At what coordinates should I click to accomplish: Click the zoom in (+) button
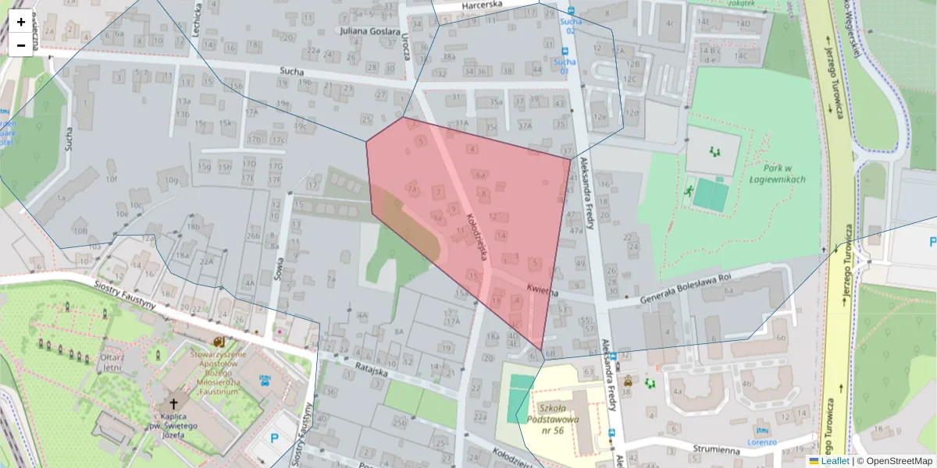(21, 22)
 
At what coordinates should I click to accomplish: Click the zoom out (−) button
(21, 45)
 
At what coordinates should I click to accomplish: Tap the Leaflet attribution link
(835, 461)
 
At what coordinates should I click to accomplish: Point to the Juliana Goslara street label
(369, 30)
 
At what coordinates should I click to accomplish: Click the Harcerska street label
(482, 7)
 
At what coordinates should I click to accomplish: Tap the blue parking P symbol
(274, 438)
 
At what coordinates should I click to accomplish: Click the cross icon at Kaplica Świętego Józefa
(173, 405)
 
